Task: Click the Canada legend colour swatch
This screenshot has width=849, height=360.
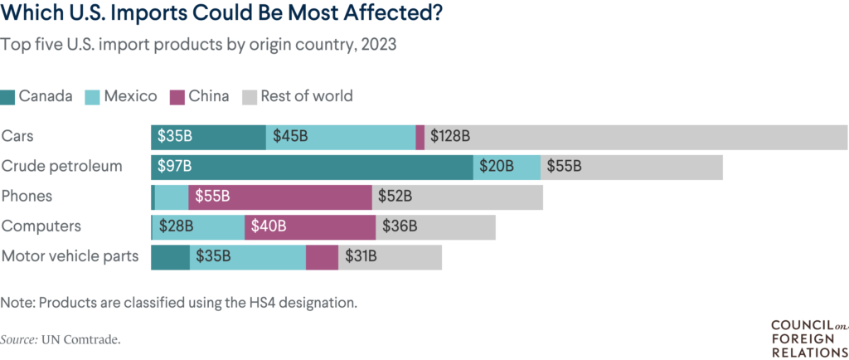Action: (8, 96)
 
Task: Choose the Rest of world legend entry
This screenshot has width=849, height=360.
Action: (298, 96)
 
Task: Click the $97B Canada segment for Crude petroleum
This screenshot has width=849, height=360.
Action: (312, 167)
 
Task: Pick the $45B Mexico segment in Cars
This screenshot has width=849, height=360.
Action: (340, 137)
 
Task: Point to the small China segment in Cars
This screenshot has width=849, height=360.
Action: (420, 137)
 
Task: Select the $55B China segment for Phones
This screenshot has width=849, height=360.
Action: (280, 197)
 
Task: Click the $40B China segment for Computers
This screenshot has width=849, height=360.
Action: (310, 226)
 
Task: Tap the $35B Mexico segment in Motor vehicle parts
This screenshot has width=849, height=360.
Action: (247, 256)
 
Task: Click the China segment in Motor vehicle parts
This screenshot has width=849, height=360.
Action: (322, 256)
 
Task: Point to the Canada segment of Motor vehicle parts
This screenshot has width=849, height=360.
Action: (170, 256)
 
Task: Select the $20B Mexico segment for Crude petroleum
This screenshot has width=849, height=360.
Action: (507, 167)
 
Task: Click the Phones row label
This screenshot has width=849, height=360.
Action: (27, 197)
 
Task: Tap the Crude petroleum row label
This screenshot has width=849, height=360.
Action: (62, 167)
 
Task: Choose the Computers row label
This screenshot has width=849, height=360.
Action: (41, 226)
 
